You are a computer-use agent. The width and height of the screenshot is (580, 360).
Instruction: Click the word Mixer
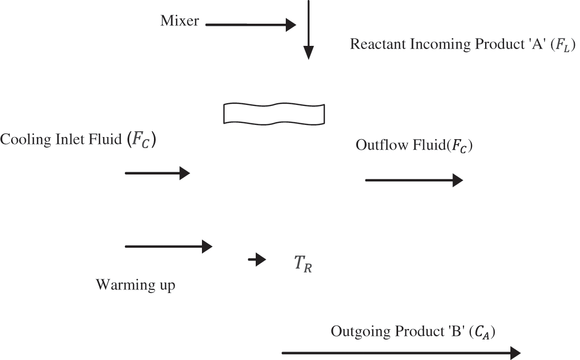[x=179, y=21]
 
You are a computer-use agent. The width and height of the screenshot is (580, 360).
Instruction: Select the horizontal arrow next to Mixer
[x=250, y=24]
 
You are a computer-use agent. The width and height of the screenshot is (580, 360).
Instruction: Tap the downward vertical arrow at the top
[x=308, y=32]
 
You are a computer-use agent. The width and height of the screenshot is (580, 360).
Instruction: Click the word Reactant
[x=372, y=44]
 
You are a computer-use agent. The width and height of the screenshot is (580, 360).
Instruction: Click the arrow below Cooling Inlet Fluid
[x=157, y=173]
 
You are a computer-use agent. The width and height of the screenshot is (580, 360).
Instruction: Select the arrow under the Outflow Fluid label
[x=414, y=181]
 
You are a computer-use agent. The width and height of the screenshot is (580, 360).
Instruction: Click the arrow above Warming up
[x=168, y=246]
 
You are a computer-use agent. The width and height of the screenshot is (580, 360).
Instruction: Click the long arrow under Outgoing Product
[x=401, y=353]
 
